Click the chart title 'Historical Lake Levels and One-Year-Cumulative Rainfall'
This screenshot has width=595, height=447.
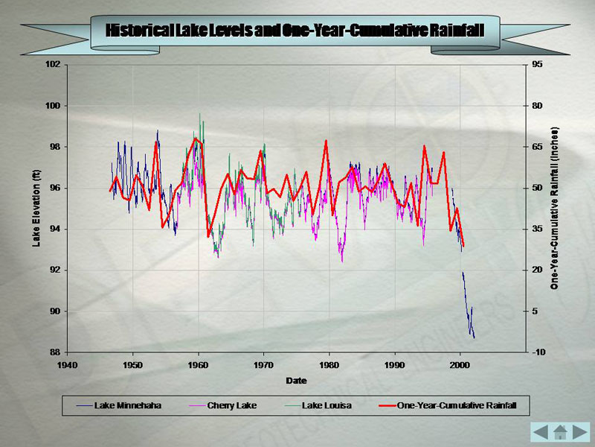click(295, 31)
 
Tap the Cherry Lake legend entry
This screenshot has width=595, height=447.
click(225, 406)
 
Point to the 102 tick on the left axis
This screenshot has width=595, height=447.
click(53, 65)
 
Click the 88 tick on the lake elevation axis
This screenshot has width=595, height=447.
click(55, 352)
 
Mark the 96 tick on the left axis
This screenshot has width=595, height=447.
click(55, 188)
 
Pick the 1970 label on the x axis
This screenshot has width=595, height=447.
click(264, 365)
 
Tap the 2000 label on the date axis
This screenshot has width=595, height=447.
click(460, 365)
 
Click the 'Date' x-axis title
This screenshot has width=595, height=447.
click(296, 381)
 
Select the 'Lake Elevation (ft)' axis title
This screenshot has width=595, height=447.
click(35, 208)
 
